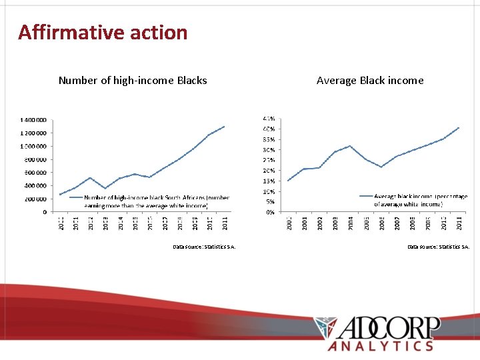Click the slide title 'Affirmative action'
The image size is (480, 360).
click(103, 32)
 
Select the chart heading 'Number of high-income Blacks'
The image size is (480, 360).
click(133, 81)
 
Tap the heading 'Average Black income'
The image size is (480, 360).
click(370, 81)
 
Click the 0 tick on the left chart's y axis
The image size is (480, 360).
click(45, 212)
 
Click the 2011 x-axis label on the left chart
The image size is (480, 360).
click(225, 223)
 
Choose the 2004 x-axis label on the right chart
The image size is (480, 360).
click(351, 223)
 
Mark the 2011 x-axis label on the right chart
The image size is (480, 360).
click(459, 223)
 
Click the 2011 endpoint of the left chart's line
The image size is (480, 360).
click(225, 126)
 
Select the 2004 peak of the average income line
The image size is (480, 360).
click(350, 145)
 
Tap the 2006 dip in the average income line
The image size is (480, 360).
click(381, 167)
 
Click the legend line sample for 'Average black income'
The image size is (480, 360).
click(365, 196)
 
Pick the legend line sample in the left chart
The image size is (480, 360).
click(75, 198)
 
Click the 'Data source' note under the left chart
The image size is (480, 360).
click(204, 247)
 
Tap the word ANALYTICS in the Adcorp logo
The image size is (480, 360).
click(381, 345)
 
